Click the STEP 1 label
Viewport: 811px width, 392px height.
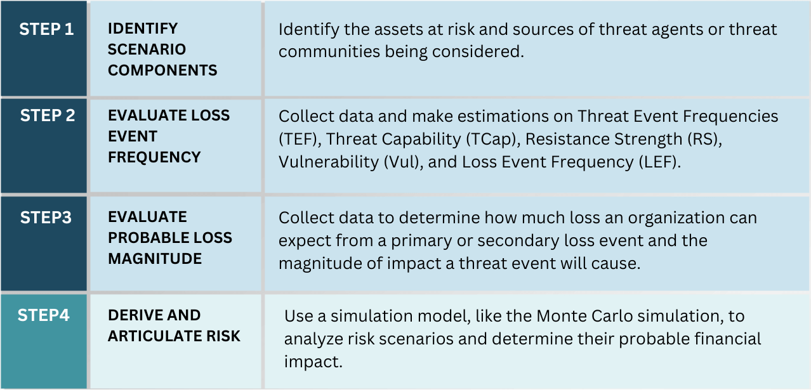tap(46, 29)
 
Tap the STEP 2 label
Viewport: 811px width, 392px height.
tap(47, 115)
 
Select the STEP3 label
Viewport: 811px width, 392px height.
tap(46, 218)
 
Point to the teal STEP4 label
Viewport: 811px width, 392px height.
tap(43, 315)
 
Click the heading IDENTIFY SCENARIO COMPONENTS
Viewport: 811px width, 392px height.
tap(162, 49)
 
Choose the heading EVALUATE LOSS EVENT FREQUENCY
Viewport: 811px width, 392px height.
tap(169, 136)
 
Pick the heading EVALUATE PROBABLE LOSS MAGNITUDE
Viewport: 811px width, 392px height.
tap(170, 238)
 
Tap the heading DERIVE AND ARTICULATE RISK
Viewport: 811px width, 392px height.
tap(174, 325)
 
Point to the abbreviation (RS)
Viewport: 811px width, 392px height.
tap(705, 139)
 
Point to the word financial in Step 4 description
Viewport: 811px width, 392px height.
tap(723, 339)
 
